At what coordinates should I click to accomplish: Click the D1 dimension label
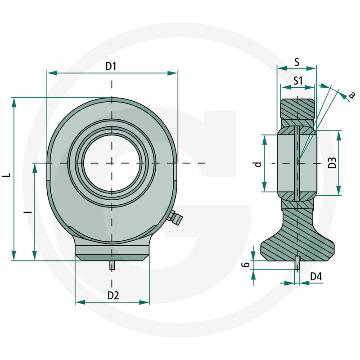pos(111,67)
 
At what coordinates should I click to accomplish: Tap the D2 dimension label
pos(113,296)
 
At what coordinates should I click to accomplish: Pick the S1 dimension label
pos(297,81)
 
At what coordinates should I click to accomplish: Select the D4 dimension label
pos(316,277)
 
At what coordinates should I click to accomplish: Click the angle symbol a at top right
pos(352,94)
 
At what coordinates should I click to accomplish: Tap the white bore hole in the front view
pos(112,162)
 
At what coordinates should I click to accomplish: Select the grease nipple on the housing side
pos(175,218)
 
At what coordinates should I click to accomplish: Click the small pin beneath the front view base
pos(112,265)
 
